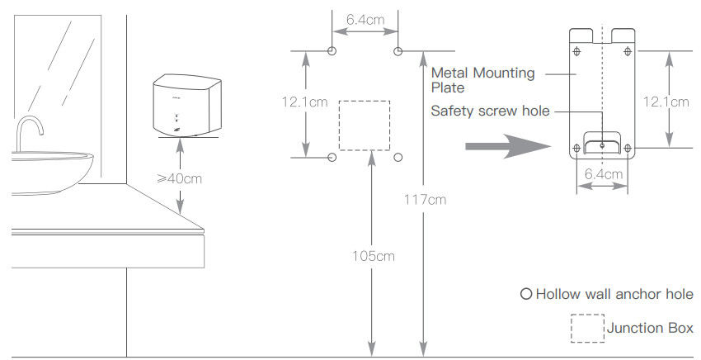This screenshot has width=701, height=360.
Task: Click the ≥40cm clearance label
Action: (179, 178)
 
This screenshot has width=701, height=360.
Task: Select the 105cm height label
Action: (374, 256)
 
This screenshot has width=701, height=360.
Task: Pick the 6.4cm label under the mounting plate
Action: (603, 175)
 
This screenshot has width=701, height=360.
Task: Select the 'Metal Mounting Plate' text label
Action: (482, 80)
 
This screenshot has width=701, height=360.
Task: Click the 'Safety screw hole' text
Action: (490, 111)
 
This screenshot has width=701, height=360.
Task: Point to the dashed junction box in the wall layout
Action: (365, 126)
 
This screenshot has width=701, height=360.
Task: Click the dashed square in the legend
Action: (587, 328)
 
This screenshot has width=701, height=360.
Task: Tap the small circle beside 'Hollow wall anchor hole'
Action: (525, 294)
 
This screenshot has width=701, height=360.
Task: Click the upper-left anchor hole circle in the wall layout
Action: (332, 51)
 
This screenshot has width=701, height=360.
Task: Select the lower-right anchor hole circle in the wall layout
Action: (398, 156)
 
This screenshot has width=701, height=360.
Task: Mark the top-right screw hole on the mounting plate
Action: (628, 51)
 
